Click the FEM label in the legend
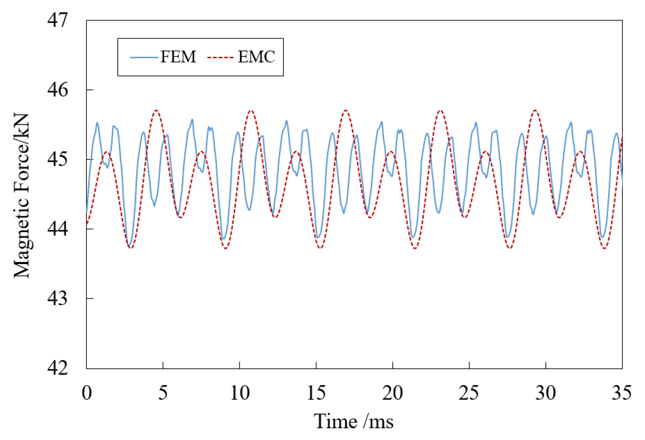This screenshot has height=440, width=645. point(178,57)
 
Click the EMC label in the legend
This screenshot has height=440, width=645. point(256,57)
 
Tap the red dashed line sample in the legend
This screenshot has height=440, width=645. point(220,57)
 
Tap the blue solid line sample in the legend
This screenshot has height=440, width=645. point(144,57)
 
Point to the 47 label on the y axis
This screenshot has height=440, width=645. point(58,20)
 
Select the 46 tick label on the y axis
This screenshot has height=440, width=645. point(58,90)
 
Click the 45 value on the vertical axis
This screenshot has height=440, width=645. point(58,159)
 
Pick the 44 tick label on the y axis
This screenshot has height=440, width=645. point(58,229)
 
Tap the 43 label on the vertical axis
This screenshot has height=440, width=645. point(58,299)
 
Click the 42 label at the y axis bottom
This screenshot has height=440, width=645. point(58,368)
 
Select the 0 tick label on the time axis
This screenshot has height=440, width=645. point(87,393)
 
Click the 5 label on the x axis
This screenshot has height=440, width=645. point(163,393)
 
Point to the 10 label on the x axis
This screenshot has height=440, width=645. point(240,393)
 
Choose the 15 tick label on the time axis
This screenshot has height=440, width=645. point(316,393)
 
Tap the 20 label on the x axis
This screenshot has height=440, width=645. point(393,393)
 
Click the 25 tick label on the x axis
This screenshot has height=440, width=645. point(469,393)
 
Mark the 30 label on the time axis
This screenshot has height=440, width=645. point(545,393)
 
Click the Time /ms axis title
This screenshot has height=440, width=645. point(353,421)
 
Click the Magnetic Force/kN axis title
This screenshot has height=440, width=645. point(22,196)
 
